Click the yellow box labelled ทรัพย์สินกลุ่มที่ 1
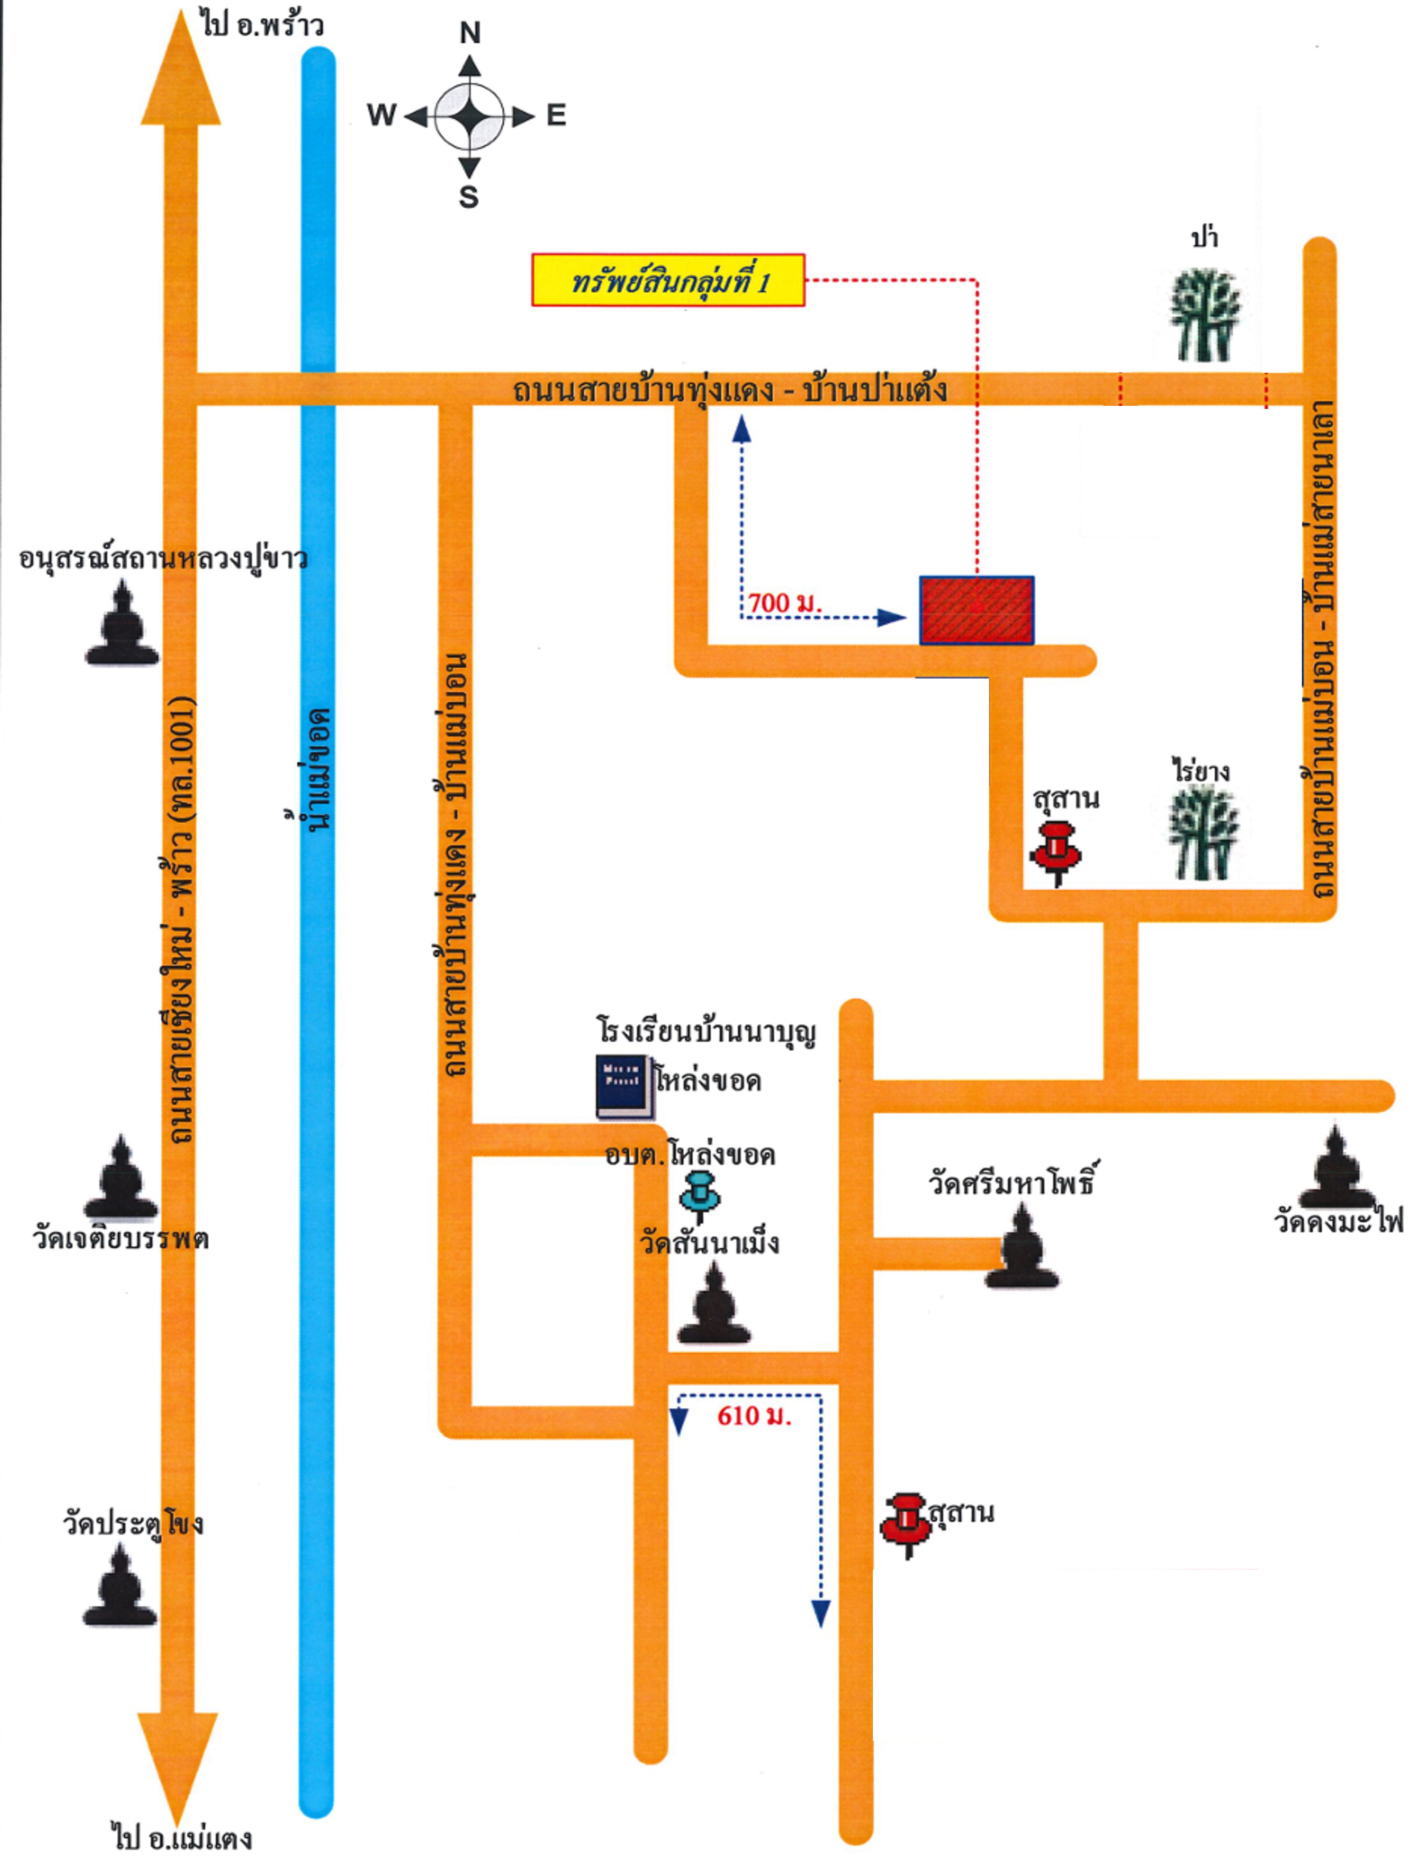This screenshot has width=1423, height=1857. [x=667, y=280]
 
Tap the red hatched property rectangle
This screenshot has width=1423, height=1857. [x=977, y=610]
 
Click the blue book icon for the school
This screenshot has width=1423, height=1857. [x=624, y=1087]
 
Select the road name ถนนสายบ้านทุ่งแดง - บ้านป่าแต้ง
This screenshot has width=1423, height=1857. [x=730, y=390]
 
